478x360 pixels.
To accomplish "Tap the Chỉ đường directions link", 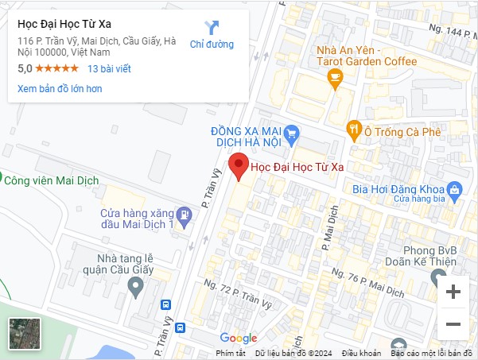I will (212, 35).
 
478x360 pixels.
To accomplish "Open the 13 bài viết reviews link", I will (109, 68).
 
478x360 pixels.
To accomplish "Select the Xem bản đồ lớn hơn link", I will (60, 88).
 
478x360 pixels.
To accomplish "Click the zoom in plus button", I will (453, 292).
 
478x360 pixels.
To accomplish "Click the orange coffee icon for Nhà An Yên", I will (335, 77).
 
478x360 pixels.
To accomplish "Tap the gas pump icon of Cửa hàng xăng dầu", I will (184, 214).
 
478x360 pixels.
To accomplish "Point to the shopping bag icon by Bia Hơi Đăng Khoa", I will (454, 189).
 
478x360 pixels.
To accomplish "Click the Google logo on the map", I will (239, 339).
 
